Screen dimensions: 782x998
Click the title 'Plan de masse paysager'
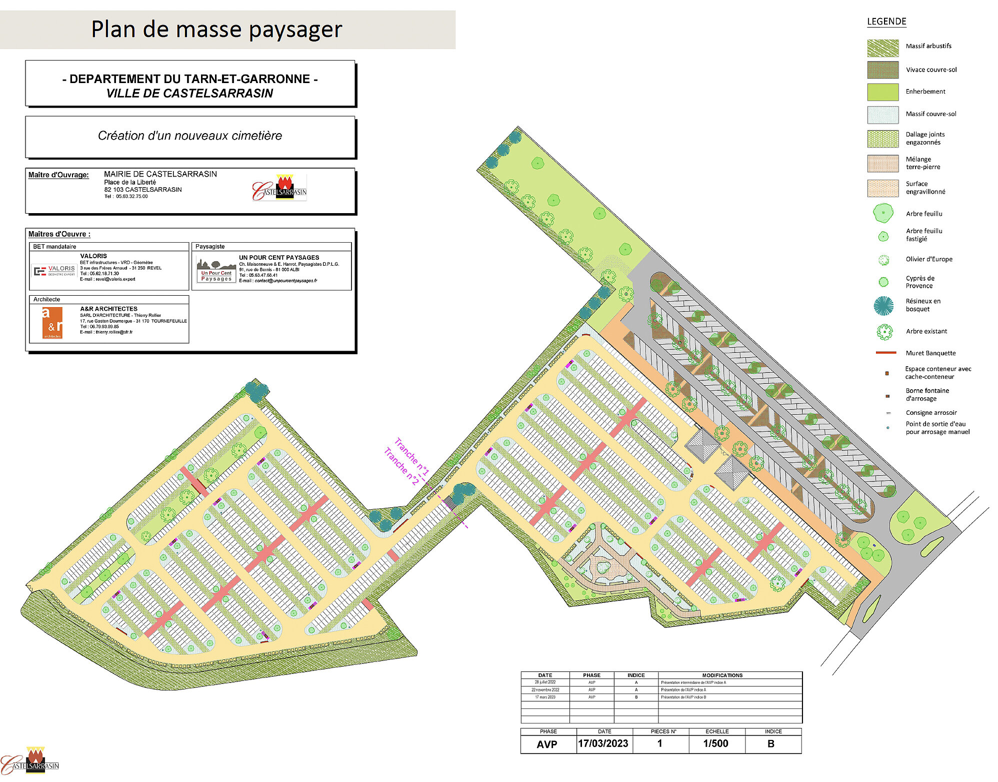[216, 29]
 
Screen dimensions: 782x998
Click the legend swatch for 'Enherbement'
[882, 92]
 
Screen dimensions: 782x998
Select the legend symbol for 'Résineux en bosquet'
[883, 306]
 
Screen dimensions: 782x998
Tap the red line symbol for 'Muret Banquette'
[885, 353]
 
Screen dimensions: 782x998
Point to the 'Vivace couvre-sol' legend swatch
[882, 70]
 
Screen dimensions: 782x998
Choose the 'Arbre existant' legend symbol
[884, 332]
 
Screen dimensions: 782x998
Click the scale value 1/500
[715, 743]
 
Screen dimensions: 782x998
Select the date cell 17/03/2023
[603, 743]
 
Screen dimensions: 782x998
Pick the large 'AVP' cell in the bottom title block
[546, 744]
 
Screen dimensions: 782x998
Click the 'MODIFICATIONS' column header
[722, 675]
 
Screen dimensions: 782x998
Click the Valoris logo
[54, 271]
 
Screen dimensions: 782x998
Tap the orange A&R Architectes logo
[52, 323]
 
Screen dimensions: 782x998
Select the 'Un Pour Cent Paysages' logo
[216, 271]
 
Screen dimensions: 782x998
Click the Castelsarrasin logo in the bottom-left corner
[31, 761]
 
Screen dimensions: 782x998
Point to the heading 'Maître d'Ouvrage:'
[58, 175]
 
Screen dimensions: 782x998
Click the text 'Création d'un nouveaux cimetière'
[189, 136]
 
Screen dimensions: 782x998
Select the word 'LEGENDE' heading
[886, 22]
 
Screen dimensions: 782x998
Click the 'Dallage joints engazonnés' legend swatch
[882, 139]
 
